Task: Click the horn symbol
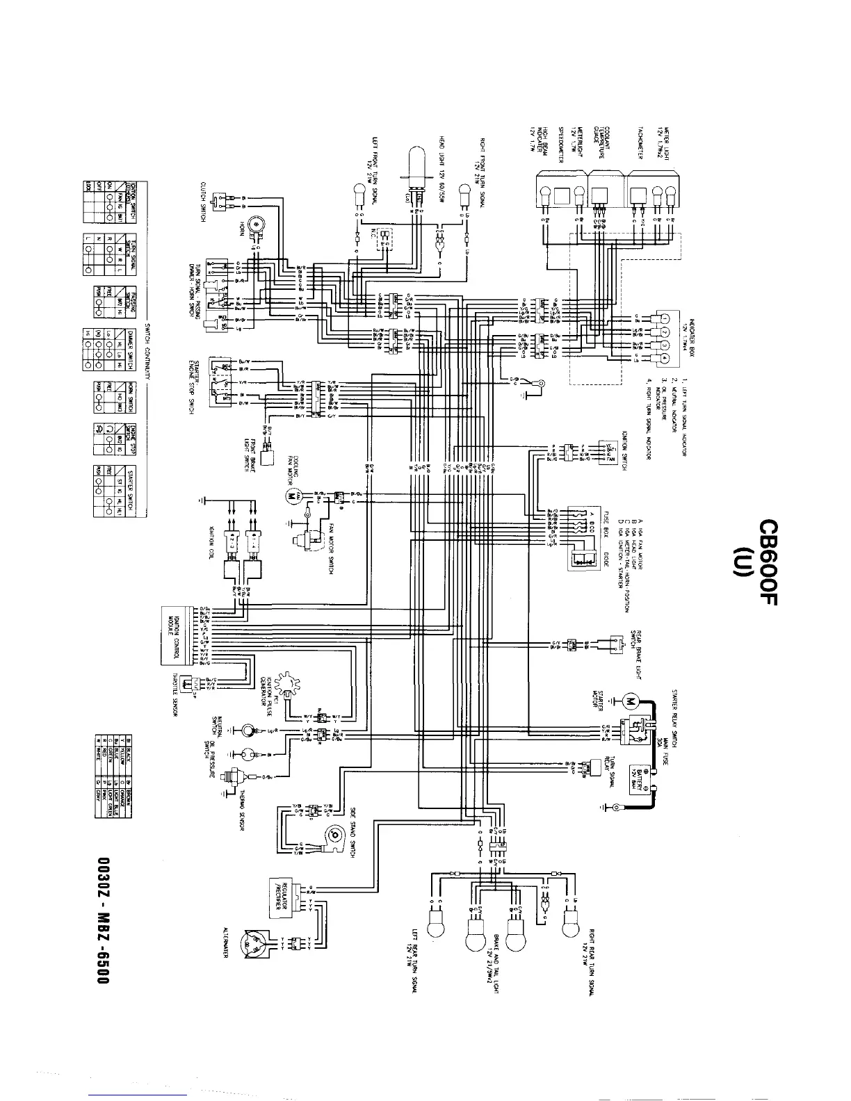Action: (258, 223)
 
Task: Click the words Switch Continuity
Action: (147, 350)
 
